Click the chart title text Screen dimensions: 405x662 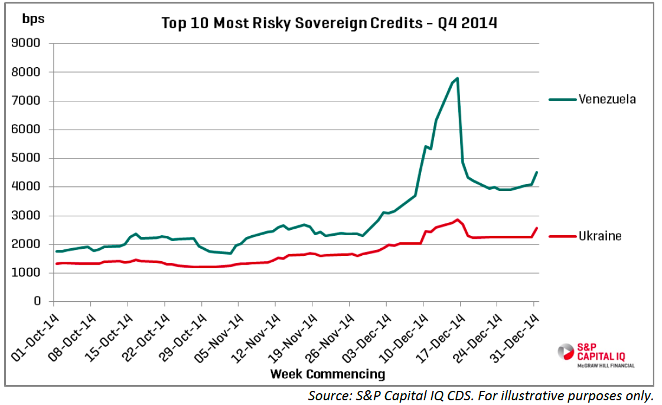pyautogui.click(x=330, y=24)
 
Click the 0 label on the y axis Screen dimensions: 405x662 pyautogui.click(x=37, y=301)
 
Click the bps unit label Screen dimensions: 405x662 pyautogui.click(x=33, y=18)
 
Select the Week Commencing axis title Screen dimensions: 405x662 pyautogui.click(x=327, y=374)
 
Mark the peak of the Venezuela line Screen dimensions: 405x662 pyautogui.click(x=458, y=78)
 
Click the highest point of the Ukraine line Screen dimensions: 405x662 pyautogui.click(x=457, y=220)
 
